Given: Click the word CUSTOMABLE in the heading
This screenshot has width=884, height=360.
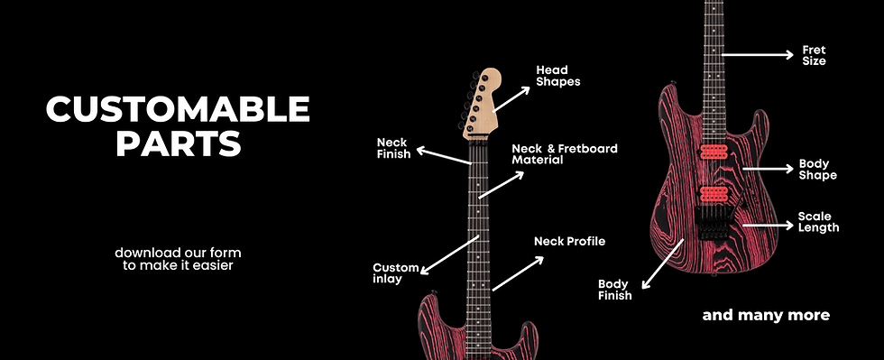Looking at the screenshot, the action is [x=178, y=110].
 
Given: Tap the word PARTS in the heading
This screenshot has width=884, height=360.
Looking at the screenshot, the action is [x=178, y=143].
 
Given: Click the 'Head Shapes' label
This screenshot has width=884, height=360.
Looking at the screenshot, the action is [x=558, y=76].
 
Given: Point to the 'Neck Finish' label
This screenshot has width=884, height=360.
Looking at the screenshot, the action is [x=393, y=148].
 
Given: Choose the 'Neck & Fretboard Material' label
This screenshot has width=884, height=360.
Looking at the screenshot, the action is [x=564, y=153].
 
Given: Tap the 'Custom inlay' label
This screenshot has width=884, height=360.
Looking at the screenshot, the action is [x=396, y=273].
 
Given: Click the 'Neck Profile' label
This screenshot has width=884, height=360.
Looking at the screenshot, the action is [x=569, y=241].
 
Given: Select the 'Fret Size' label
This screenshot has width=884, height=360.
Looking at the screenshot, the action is [x=814, y=56].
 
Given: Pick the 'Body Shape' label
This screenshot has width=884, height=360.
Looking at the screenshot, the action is [x=817, y=170].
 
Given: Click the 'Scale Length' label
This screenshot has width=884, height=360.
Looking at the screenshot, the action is [x=818, y=222].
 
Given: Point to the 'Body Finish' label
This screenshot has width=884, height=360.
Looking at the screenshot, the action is [x=614, y=289].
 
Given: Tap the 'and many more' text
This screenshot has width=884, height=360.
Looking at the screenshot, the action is [x=766, y=316].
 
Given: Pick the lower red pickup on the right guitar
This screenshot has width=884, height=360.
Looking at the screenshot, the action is [x=714, y=193].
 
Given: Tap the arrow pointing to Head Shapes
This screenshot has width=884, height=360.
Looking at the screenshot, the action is [x=512, y=97].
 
